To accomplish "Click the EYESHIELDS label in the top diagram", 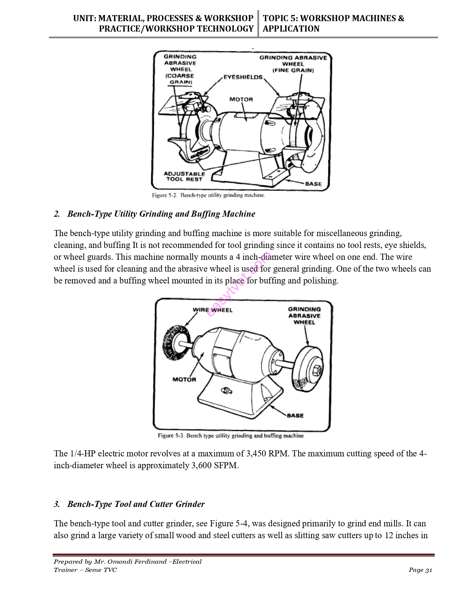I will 243,77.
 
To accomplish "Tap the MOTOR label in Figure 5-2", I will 241,99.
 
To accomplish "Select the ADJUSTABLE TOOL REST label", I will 184,177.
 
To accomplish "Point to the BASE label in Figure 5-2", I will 313,184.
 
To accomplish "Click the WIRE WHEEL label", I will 213,310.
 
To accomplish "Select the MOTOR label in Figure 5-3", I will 184,379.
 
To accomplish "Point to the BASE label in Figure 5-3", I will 295,415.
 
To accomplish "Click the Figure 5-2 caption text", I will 208,196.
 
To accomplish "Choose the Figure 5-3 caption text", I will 230,436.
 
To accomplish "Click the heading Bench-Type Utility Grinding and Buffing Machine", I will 161,214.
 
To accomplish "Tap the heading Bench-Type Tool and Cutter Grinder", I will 136,504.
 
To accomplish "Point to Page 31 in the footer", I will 420,570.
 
